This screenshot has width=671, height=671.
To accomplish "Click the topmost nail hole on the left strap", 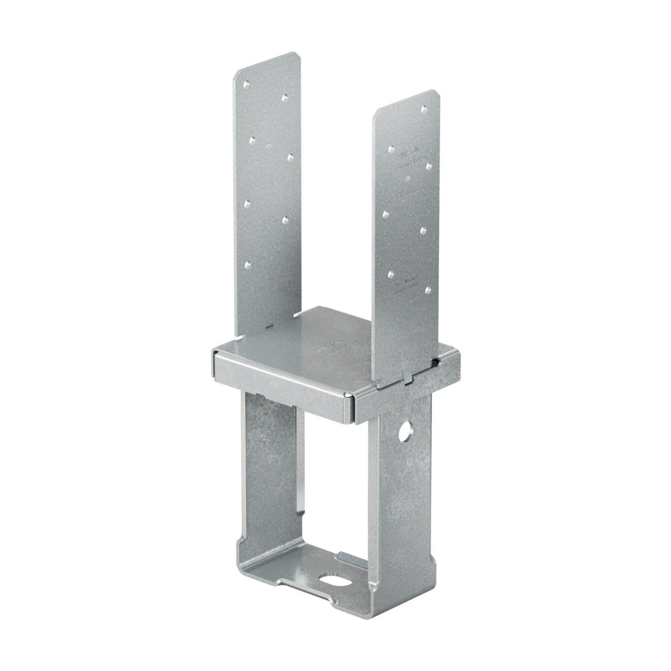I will [x=246, y=85].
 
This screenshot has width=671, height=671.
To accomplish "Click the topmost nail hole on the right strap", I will [x=423, y=110].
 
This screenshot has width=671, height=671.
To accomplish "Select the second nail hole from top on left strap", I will [x=286, y=98].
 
